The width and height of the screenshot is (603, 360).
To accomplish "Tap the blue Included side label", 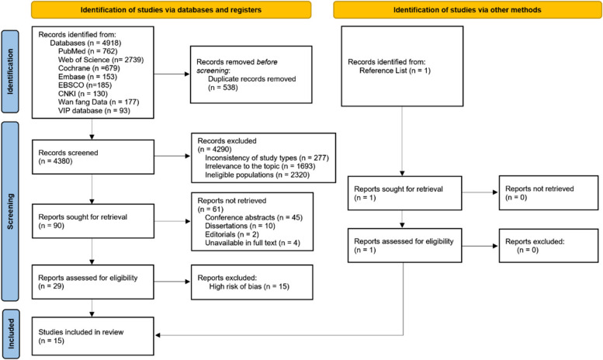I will click(9, 335).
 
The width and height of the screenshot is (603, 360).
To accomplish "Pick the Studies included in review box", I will click(94, 335).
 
